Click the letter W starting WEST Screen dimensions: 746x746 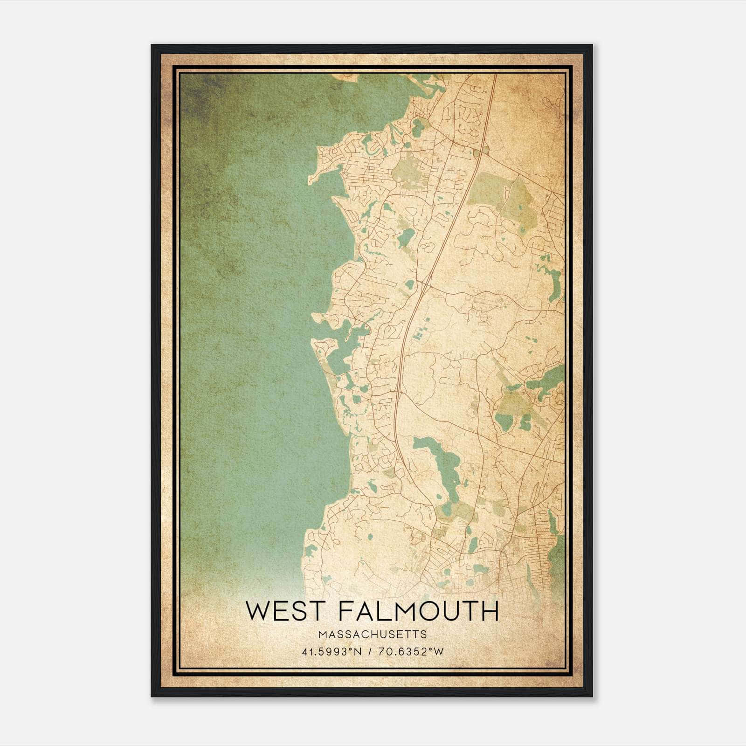(x=257, y=612)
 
